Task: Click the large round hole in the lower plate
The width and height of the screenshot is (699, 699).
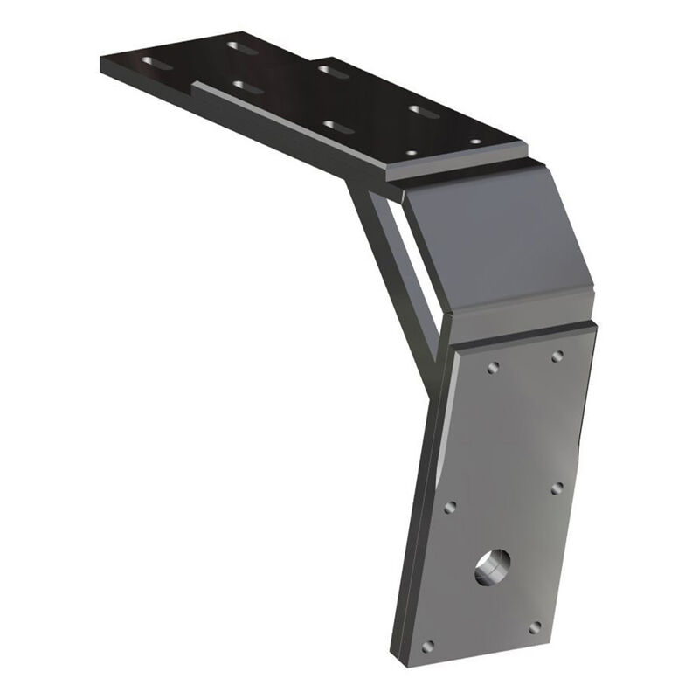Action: tap(492, 568)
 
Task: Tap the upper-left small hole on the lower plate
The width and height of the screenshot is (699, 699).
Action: tap(494, 368)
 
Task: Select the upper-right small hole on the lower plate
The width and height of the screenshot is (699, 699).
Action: tap(557, 356)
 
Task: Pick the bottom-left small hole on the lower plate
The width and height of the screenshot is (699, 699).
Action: tap(427, 647)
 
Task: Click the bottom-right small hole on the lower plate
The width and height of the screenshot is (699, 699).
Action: tap(534, 627)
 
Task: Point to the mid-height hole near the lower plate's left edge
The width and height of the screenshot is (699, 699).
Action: tap(450, 507)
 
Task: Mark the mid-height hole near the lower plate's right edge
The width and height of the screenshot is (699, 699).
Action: tap(557, 488)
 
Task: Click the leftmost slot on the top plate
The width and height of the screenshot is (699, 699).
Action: tap(157, 63)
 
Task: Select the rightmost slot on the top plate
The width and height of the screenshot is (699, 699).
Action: tap(425, 111)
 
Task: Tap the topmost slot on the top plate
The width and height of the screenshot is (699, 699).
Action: tap(242, 47)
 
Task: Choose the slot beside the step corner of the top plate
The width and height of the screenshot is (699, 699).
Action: tap(248, 87)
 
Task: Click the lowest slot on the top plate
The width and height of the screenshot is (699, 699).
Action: tap(337, 127)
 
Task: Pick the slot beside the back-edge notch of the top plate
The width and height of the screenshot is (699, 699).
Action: tap(333, 70)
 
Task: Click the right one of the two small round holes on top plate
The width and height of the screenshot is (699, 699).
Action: tap(475, 141)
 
